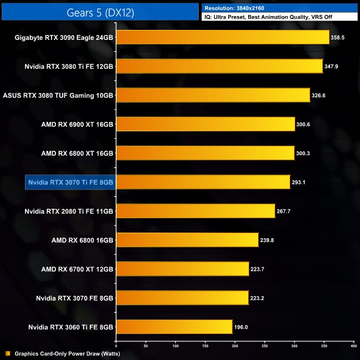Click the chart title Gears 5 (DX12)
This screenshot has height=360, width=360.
point(100,12)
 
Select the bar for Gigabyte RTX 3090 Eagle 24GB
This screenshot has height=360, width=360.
point(222,38)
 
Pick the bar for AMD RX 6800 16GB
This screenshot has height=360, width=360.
point(187,240)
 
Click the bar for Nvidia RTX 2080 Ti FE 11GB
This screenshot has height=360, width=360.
point(195,211)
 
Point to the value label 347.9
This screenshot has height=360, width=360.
point(333,66)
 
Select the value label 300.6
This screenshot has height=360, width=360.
point(303,124)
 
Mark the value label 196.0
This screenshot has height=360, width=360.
point(241,327)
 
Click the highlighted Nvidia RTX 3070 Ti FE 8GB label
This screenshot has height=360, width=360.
point(70,182)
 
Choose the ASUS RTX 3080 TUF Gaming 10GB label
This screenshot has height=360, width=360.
point(58,95)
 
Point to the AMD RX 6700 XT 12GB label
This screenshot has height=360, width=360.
point(78,269)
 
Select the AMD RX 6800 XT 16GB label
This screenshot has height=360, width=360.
point(78,153)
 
